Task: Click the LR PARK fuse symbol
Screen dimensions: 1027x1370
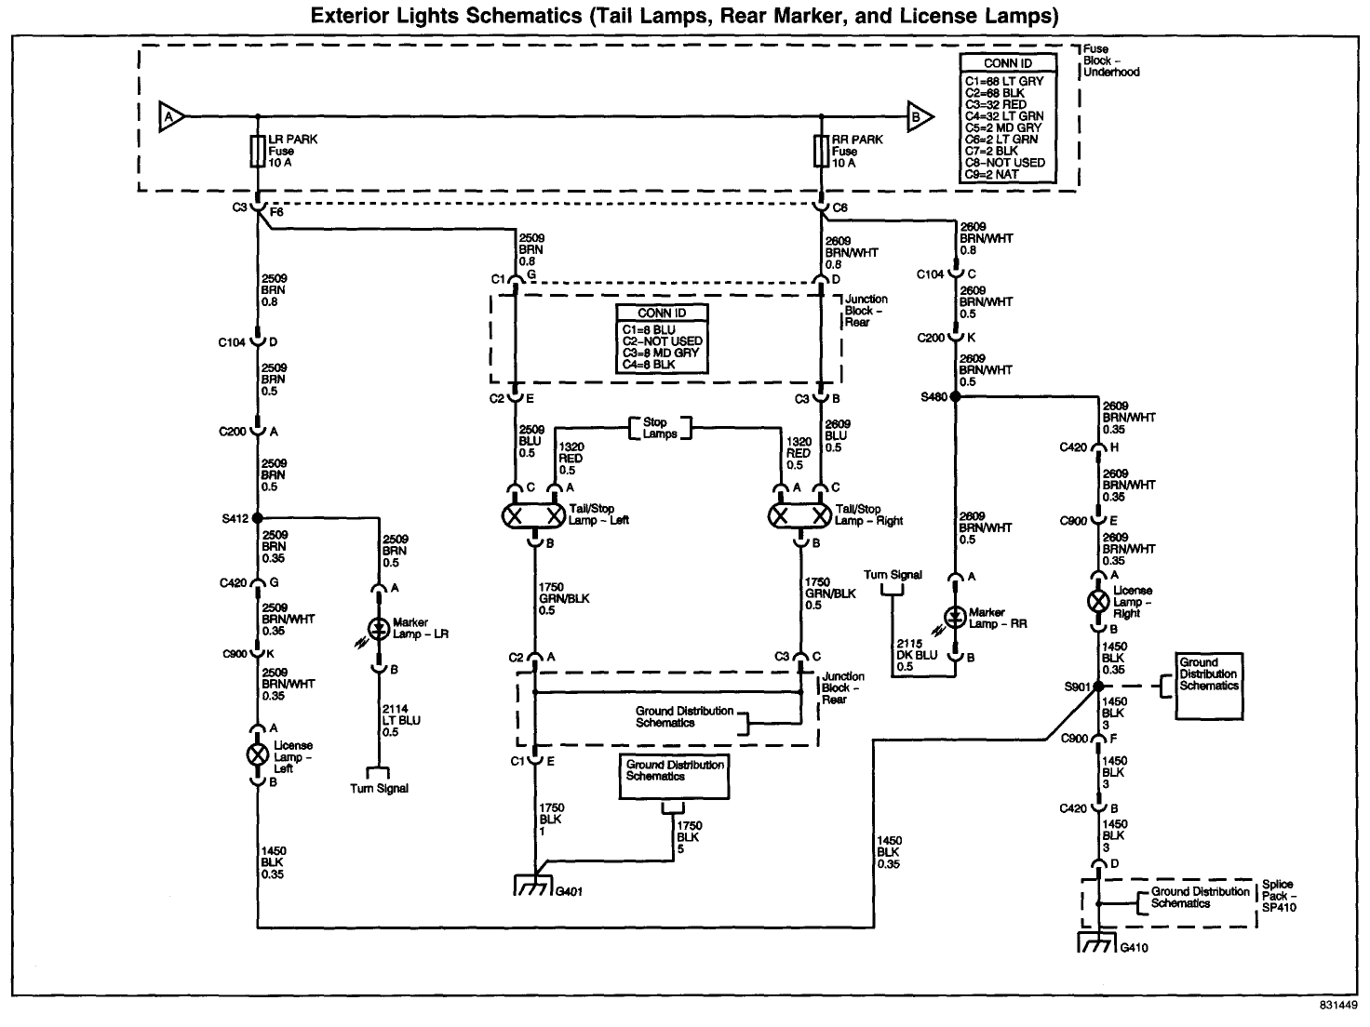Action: [x=258, y=152]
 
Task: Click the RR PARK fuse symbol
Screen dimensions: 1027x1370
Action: [x=821, y=152]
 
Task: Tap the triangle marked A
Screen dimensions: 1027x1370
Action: [x=170, y=117]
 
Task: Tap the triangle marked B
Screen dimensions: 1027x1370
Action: [x=918, y=117]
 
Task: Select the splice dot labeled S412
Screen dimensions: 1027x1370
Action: [x=258, y=518]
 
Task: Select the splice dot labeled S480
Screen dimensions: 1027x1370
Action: [x=955, y=396]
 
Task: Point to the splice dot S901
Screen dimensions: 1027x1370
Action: [x=1098, y=687]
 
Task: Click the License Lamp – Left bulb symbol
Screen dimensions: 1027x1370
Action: [x=258, y=754]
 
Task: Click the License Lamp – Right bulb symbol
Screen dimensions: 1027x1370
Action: [x=1098, y=600]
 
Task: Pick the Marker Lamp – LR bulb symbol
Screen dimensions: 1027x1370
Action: [x=378, y=629]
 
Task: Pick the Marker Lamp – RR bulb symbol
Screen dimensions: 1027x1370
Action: [x=955, y=617]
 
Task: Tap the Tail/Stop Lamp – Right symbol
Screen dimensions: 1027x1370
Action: [x=800, y=515]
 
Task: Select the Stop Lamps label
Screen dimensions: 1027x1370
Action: [x=660, y=428]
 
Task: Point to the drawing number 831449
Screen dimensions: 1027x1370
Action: [x=1337, y=1006]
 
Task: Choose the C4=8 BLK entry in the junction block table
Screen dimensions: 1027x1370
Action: [x=649, y=365]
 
